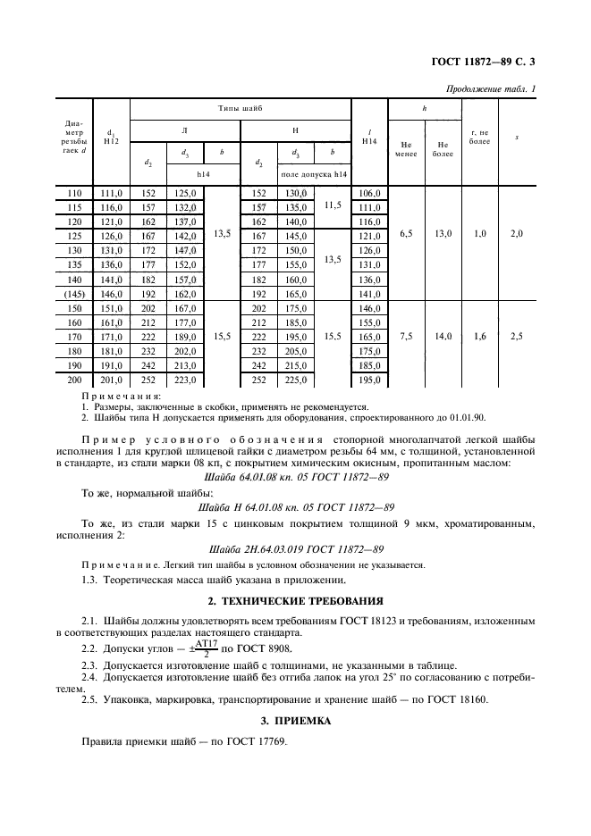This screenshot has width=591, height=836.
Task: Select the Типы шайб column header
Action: tap(241, 107)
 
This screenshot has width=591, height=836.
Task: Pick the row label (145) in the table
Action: tap(73, 293)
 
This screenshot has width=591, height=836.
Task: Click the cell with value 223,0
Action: tap(184, 380)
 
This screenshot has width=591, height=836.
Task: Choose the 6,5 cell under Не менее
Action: tap(406, 235)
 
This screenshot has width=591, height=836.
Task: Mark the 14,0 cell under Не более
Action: tap(443, 336)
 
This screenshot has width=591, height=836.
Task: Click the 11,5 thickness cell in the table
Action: tap(333, 205)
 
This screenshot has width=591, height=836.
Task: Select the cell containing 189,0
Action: tap(184, 336)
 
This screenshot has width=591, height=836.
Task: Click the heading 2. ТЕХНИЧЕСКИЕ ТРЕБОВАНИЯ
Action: tap(295, 601)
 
